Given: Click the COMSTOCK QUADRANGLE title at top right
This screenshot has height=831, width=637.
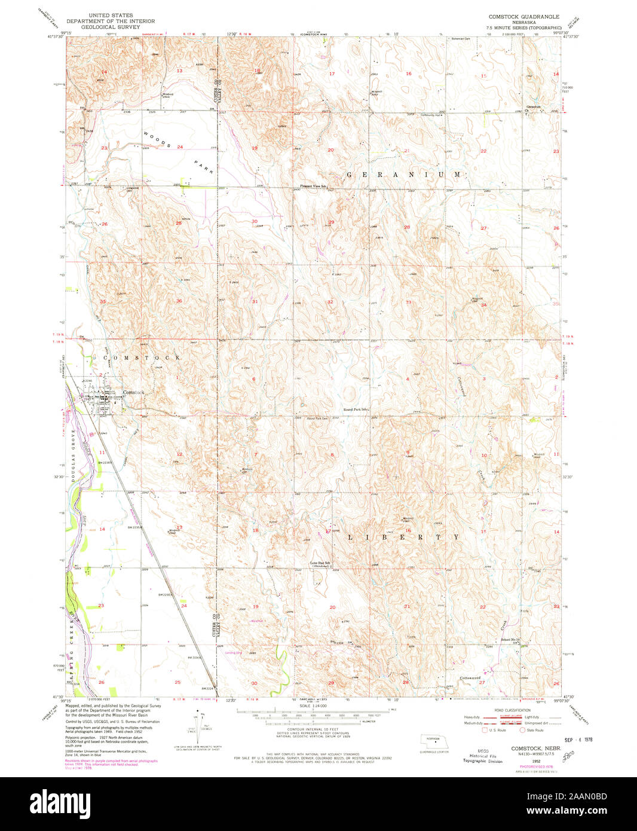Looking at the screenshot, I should coord(524,17).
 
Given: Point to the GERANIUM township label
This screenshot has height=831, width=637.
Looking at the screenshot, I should coord(405,175).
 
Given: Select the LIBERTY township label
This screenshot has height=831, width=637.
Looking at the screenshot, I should coord(404,537).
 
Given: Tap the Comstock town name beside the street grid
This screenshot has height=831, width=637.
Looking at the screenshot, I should coord(133,392).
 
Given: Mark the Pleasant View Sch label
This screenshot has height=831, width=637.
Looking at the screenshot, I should coord(313,187).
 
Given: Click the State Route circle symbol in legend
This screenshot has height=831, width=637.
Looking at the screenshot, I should coord(522,730).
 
